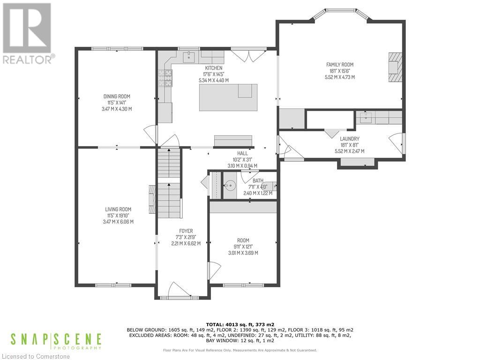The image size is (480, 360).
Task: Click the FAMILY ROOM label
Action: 340,65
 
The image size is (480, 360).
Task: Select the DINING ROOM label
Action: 117,97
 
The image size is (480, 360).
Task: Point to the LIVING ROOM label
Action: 118,210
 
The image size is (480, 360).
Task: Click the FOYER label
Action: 186,231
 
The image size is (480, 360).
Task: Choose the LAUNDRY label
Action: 350,139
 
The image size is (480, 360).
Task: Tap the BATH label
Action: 258,180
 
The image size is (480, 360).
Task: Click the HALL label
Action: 242,153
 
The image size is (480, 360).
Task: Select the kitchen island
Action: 228,97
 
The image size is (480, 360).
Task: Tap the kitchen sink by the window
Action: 190,57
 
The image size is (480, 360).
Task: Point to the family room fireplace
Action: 394,67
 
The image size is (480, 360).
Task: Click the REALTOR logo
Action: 28,33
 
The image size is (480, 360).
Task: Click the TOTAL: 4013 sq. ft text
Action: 240,324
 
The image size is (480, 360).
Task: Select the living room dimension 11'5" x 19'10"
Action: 118,216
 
